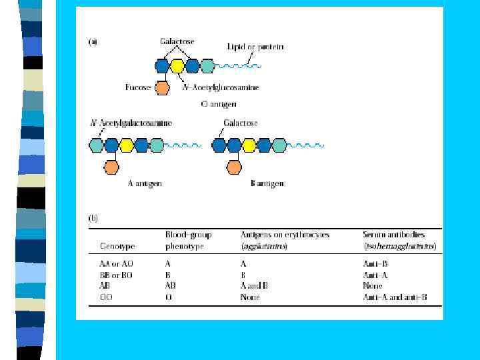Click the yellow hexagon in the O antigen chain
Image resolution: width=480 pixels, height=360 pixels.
(x=177, y=66)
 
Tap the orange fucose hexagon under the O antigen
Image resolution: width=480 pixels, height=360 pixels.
(x=161, y=87)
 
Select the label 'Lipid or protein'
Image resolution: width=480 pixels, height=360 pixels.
(x=255, y=47)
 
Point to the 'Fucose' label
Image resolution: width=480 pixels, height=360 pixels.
(x=138, y=87)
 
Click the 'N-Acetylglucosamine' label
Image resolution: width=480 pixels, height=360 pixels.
(x=221, y=87)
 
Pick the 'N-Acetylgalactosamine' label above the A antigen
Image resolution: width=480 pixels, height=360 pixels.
(x=131, y=123)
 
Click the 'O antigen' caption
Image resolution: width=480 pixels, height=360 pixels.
(x=219, y=104)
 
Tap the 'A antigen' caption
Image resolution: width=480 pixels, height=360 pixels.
(x=145, y=183)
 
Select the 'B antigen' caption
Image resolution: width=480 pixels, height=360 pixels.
(x=267, y=183)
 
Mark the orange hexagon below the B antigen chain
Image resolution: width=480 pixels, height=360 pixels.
(x=234, y=165)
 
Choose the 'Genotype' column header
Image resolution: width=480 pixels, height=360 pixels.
(x=116, y=246)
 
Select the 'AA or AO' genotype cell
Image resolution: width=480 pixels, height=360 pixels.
(x=117, y=264)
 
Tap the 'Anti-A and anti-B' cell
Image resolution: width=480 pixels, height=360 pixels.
(x=395, y=297)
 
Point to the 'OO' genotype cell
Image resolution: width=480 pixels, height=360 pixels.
(x=107, y=297)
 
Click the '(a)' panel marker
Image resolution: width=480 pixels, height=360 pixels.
(x=93, y=42)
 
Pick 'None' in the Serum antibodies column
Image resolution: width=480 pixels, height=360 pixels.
(x=373, y=286)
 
